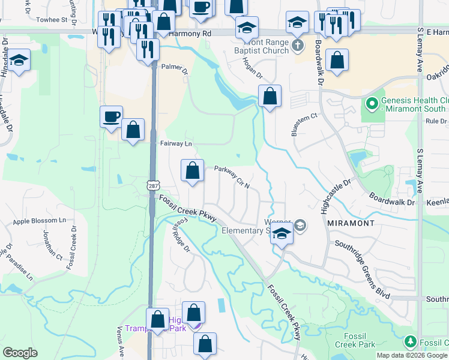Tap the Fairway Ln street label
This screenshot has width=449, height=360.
176,144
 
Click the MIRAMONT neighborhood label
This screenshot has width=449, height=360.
352,223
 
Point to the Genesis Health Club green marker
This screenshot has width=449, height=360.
372,104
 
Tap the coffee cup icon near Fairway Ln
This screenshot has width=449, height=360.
111,116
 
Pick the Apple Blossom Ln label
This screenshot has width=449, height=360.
39,221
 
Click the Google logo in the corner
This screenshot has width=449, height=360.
20,353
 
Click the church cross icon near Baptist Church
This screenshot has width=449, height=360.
297,45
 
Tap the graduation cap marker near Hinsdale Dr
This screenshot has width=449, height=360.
19,61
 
